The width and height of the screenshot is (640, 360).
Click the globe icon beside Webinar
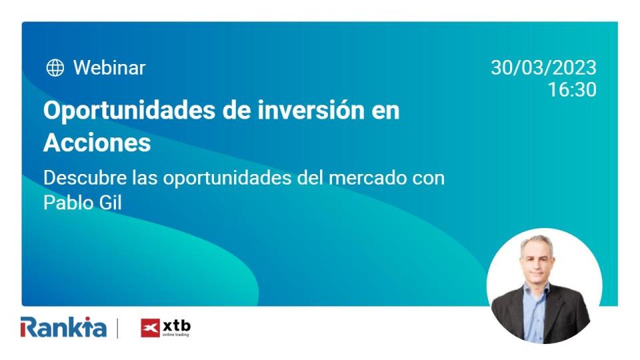(x=55, y=67)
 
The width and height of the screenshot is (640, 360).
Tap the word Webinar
(x=109, y=67)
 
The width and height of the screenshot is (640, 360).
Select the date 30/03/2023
(x=543, y=68)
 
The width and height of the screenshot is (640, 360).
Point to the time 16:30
(x=572, y=90)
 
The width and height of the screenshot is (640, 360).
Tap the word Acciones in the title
(x=97, y=143)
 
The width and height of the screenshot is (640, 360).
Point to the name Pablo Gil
(x=83, y=202)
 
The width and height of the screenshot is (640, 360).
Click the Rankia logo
(x=63, y=327)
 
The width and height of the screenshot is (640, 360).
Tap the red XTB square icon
(x=150, y=328)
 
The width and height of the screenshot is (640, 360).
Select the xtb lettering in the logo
(x=176, y=325)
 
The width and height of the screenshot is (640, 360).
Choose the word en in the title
(x=385, y=111)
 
